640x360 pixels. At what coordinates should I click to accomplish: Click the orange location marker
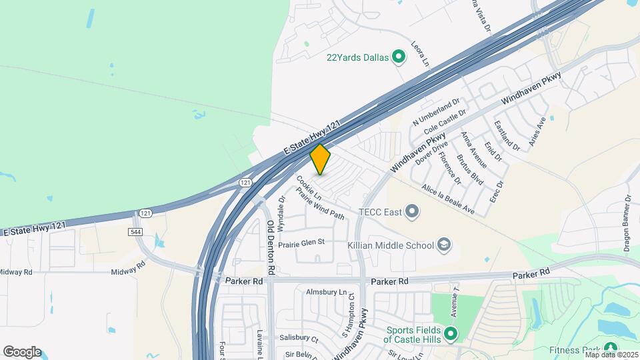[x=321, y=159]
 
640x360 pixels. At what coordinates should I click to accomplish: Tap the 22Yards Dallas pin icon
[x=399, y=57]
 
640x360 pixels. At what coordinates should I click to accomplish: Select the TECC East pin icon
[x=412, y=213]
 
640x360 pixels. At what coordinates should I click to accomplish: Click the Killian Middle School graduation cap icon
[x=443, y=245]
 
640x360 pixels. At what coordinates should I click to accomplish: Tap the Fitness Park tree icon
[x=610, y=348]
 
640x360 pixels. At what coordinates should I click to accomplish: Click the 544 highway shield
[x=135, y=231]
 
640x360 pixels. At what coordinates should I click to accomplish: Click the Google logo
[x=22, y=351]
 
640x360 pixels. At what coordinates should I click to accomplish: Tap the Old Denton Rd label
[x=271, y=248]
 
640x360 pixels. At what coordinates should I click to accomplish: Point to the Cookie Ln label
[x=309, y=188]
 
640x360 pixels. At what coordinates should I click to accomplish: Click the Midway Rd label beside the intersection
[x=128, y=266]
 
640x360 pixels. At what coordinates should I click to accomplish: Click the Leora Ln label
[x=421, y=54]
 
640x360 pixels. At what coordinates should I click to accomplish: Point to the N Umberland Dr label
[x=436, y=113]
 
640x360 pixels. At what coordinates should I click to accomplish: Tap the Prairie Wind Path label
[x=320, y=205]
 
